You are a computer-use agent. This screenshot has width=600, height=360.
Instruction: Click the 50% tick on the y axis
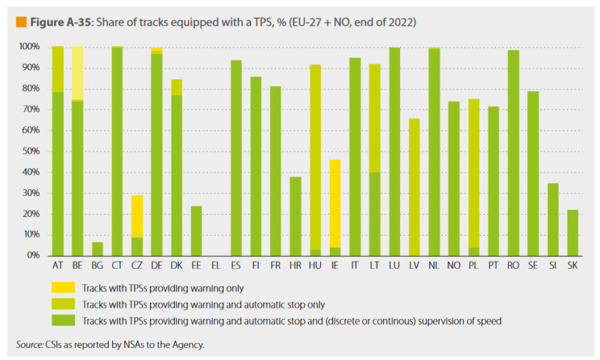[31, 152]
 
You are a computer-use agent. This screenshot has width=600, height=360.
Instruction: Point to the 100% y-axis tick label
[29, 46]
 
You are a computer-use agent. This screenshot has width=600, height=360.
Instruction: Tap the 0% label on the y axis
[33, 256]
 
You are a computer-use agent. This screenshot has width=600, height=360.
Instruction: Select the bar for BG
[98, 249]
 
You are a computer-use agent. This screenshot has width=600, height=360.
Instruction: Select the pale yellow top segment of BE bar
[77, 73]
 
